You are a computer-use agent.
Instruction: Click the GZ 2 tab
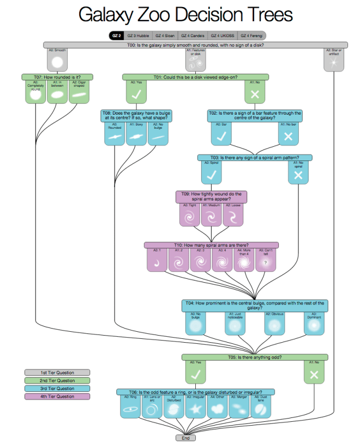[x=116, y=36]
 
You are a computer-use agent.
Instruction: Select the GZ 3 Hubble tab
[x=138, y=36]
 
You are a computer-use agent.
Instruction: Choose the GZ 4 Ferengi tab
[x=252, y=36]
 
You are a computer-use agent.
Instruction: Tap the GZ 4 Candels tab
[x=193, y=36]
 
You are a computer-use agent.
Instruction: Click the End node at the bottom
[x=186, y=438]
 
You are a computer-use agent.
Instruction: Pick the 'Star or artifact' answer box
[x=334, y=61]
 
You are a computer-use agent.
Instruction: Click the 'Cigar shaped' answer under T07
[x=80, y=92]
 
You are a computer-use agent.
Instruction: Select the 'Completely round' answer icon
[x=35, y=92]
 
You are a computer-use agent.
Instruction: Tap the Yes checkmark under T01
[x=136, y=92]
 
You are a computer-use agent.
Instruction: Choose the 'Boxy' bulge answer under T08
[x=136, y=134]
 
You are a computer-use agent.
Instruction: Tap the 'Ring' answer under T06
[x=130, y=407]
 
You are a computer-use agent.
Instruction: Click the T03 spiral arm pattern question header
[x=255, y=157]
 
